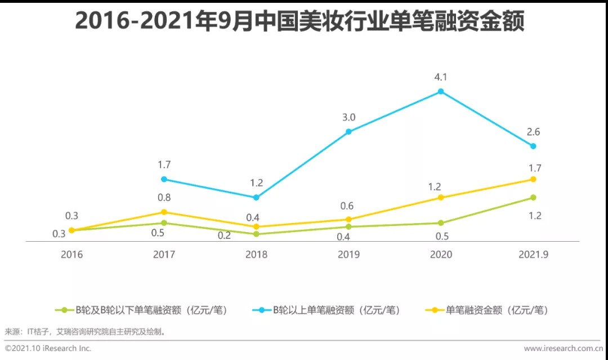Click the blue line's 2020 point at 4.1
(441, 91)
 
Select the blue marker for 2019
(348, 132)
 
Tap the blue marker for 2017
(164, 179)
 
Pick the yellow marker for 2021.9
(533, 179)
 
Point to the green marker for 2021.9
(533, 197)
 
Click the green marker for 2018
(256, 234)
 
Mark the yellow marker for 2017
(164, 212)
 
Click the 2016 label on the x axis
(71, 255)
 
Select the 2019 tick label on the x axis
(348, 255)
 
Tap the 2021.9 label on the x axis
(533, 255)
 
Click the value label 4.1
(441, 77)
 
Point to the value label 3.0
(348, 118)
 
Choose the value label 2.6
(533, 132)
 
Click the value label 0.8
(164, 198)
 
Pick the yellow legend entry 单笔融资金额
(488, 310)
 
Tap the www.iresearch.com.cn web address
(563, 348)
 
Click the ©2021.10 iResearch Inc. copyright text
(48, 348)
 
